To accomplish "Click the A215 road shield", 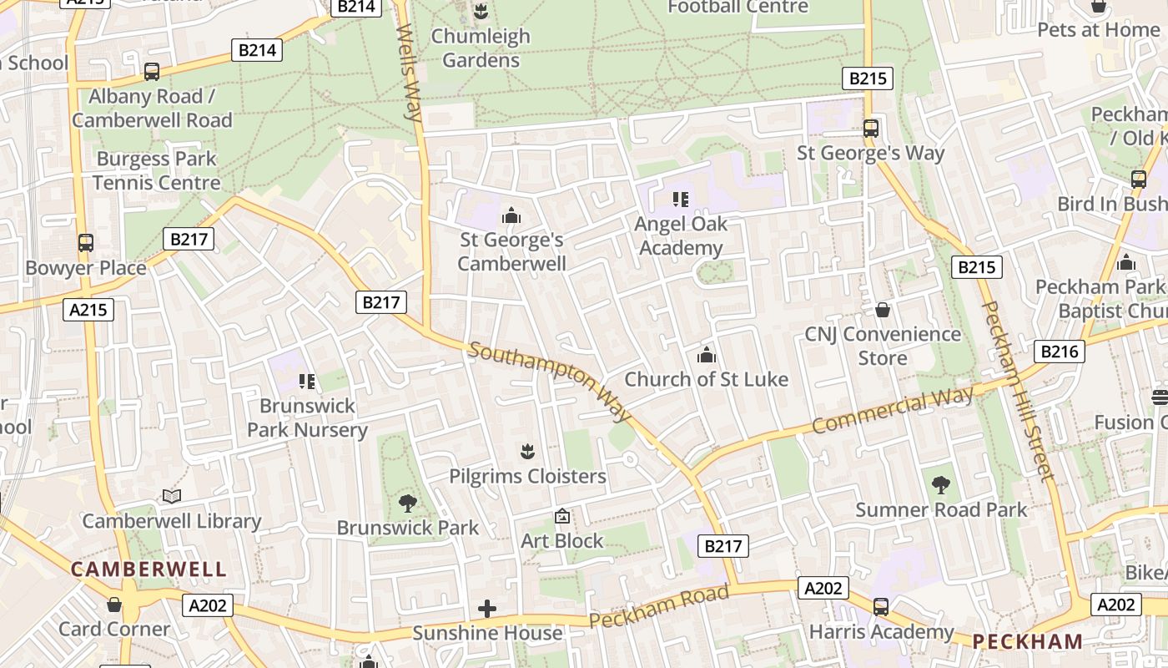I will (x=88, y=310).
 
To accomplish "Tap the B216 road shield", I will (x=1059, y=352).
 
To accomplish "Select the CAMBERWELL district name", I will (x=149, y=569).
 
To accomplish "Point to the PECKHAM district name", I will (x=1028, y=641).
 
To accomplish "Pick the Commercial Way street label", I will (x=893, y=410).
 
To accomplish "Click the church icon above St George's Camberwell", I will (x=511, y=216).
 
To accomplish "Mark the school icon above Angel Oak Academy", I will (x=681, y=200).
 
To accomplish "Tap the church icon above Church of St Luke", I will (x=707, y=356).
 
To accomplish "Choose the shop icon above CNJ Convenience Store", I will (x=883, y=311).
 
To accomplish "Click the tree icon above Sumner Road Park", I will (x=941, y=485).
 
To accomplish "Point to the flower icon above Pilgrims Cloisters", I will (x=527, y=453).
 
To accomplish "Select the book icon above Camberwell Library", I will (x=172, y=497).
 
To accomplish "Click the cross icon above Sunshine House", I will (x=487, y=609).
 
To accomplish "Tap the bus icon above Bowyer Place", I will (x=85, y=243).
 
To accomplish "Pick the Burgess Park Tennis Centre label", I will (x=156, y=170).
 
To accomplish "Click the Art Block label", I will (x=561, y=540).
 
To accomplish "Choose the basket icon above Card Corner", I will (x=114, y=605).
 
